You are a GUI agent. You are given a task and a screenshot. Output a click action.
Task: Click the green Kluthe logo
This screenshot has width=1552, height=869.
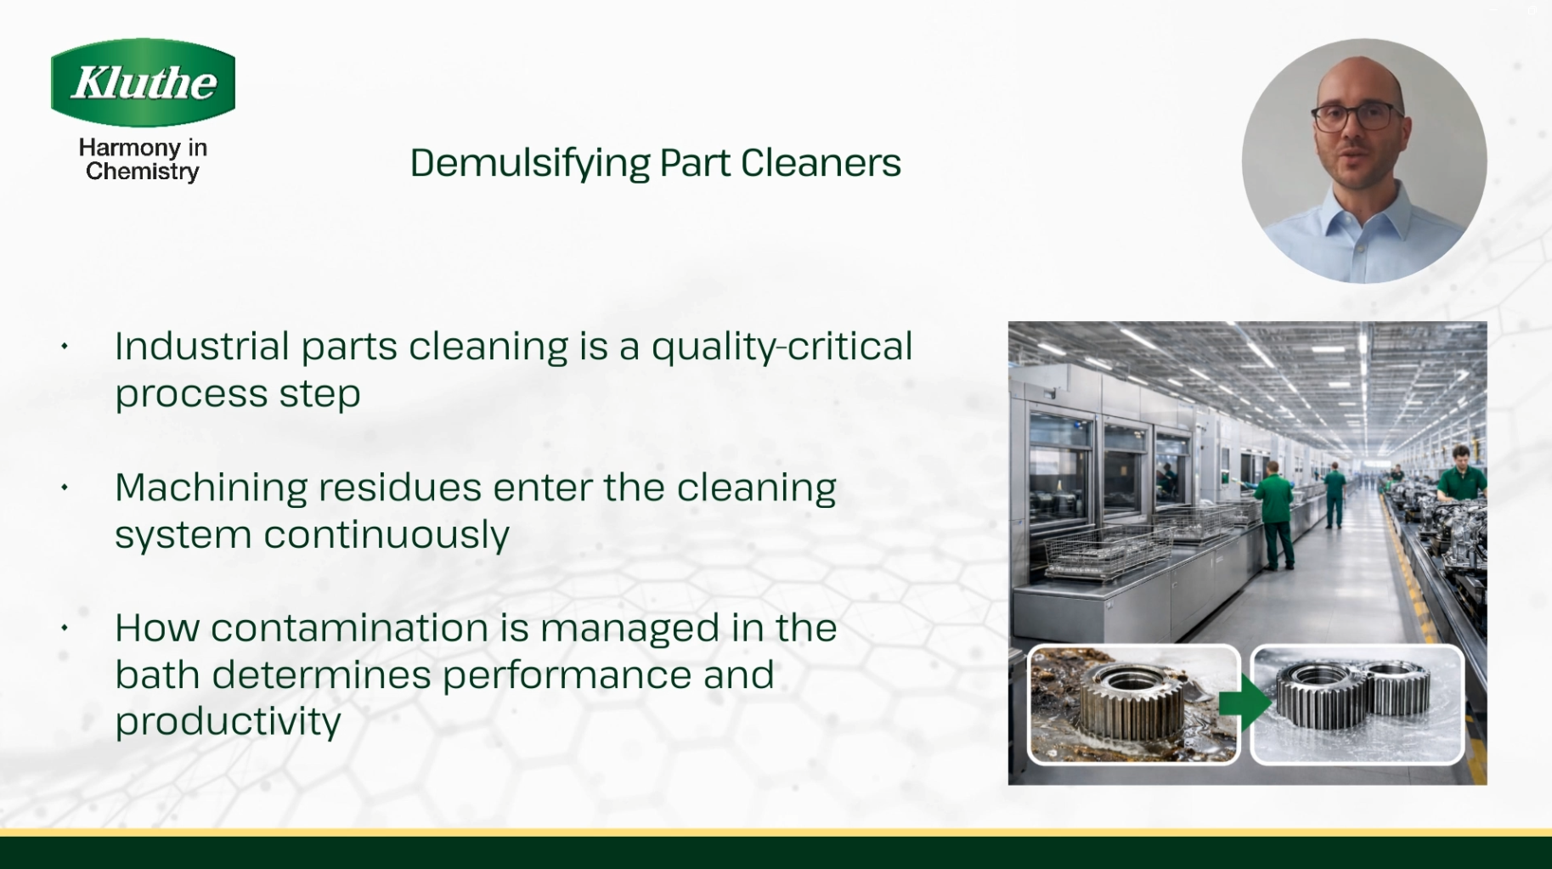click(x=143, y=82)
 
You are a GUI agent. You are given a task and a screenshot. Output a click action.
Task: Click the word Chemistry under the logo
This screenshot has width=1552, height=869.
click(x=143, y=172)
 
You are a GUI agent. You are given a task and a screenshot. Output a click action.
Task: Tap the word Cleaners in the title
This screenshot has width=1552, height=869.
click(x=821, y=162)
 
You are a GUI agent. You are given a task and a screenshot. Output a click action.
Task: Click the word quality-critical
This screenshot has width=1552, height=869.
click(x=782, y=347)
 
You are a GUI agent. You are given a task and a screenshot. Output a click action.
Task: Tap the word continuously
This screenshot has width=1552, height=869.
click(x=387, y=535)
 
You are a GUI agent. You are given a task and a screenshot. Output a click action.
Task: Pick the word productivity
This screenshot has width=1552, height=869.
click(x=228, y=723)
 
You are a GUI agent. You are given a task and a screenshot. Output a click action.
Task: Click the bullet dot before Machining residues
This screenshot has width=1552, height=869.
click(x=65, y=488)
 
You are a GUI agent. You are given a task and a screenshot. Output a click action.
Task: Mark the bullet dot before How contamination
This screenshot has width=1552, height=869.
click(x=65, y=629)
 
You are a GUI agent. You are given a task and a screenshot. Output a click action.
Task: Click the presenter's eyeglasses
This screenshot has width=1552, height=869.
click(x=1357, y=115)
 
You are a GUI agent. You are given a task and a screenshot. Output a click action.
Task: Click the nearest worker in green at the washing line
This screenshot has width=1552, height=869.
click(x=1274, y=515)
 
